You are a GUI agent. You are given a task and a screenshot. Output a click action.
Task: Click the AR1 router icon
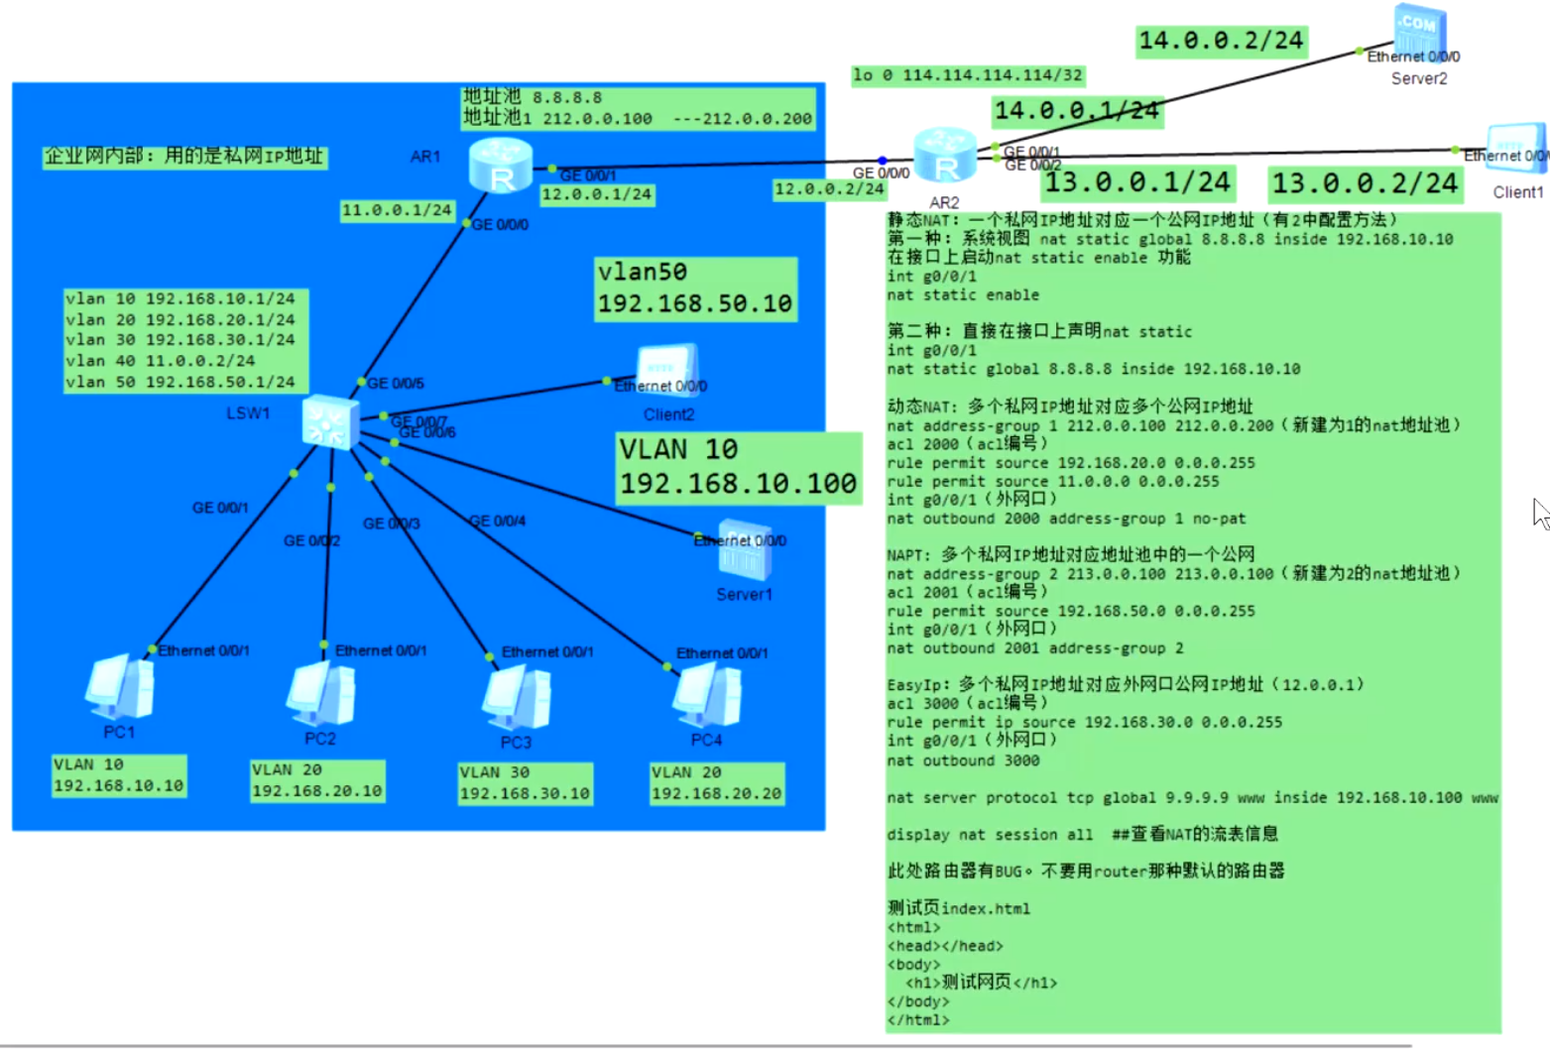pyautogui.click(x=501, y=165)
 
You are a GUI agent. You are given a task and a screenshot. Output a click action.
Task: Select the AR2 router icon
pyautogui.click(x=943, y=156)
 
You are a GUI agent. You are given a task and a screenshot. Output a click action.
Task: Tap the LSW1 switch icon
pyautogui.click(x=330, y=422)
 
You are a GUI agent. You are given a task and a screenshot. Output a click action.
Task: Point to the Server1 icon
pyautogui.click(x=745, y=550)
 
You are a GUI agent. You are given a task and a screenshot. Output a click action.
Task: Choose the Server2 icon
pyautogui.click(x=1419, y=32)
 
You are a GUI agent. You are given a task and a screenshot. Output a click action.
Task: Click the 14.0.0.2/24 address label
pyautogui.click(x=1221, y=41)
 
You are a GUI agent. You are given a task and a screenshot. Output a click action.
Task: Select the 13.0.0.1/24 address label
pyautogui.click(x=1137, y=182)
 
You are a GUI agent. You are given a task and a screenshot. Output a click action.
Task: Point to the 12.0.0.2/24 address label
pyautogui.click(x=829, y=189)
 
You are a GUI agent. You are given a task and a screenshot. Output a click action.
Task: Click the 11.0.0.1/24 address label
pyautogui.click(x=397, y=210)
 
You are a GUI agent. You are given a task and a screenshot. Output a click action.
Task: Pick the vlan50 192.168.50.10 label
pyautogui.click(x=695, y=289)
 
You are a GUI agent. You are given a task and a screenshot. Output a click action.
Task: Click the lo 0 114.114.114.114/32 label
pyautogui.click(x=968, y=75)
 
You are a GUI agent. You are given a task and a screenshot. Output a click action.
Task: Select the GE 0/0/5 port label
pyautogui.click(x=396, y=384)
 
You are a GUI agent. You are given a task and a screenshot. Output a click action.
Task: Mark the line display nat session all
pyautogui.click(x=989, y=835)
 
